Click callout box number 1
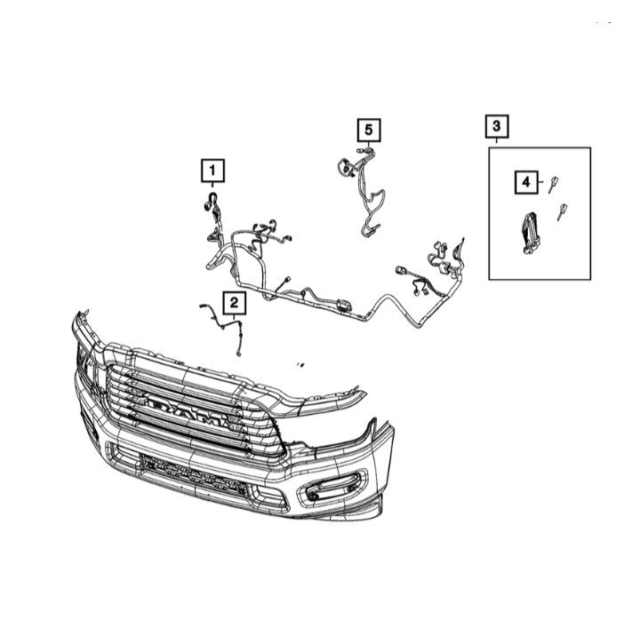[x=212, y=171]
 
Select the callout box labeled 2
[x=234, y=303]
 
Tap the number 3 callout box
[x=496, y=126]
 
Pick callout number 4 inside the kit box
[x=526, y=182]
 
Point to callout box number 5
[x=369, y=130]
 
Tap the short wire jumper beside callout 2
[x=222, y=326]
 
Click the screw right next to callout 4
[x=553, y=185]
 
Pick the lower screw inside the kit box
[x=562, y=211]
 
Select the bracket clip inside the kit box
[x=530, y=233]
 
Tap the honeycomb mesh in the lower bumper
[x=194, y=474]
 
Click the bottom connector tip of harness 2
[x=239, y=354]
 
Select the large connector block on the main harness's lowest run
[x=344, y=305]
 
